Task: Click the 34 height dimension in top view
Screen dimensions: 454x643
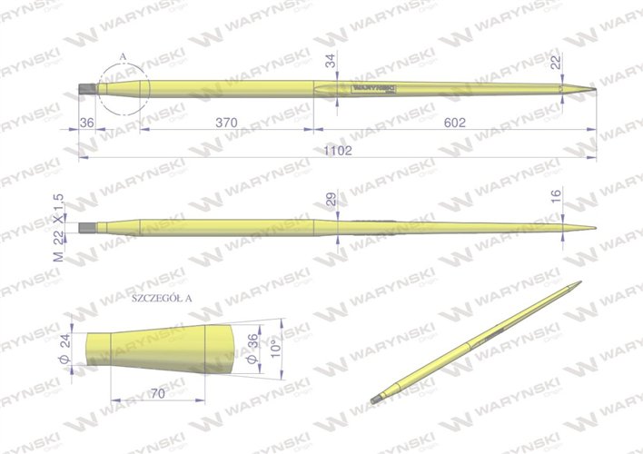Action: pos(330,62)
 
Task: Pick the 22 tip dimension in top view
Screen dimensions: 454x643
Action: pos(555,62)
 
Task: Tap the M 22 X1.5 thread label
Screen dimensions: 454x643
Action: pos(59,227)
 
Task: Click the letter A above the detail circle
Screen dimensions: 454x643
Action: pos(123,56)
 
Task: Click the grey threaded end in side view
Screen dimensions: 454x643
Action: pos(86,227)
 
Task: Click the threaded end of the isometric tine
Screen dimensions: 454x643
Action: pos(375,400)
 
